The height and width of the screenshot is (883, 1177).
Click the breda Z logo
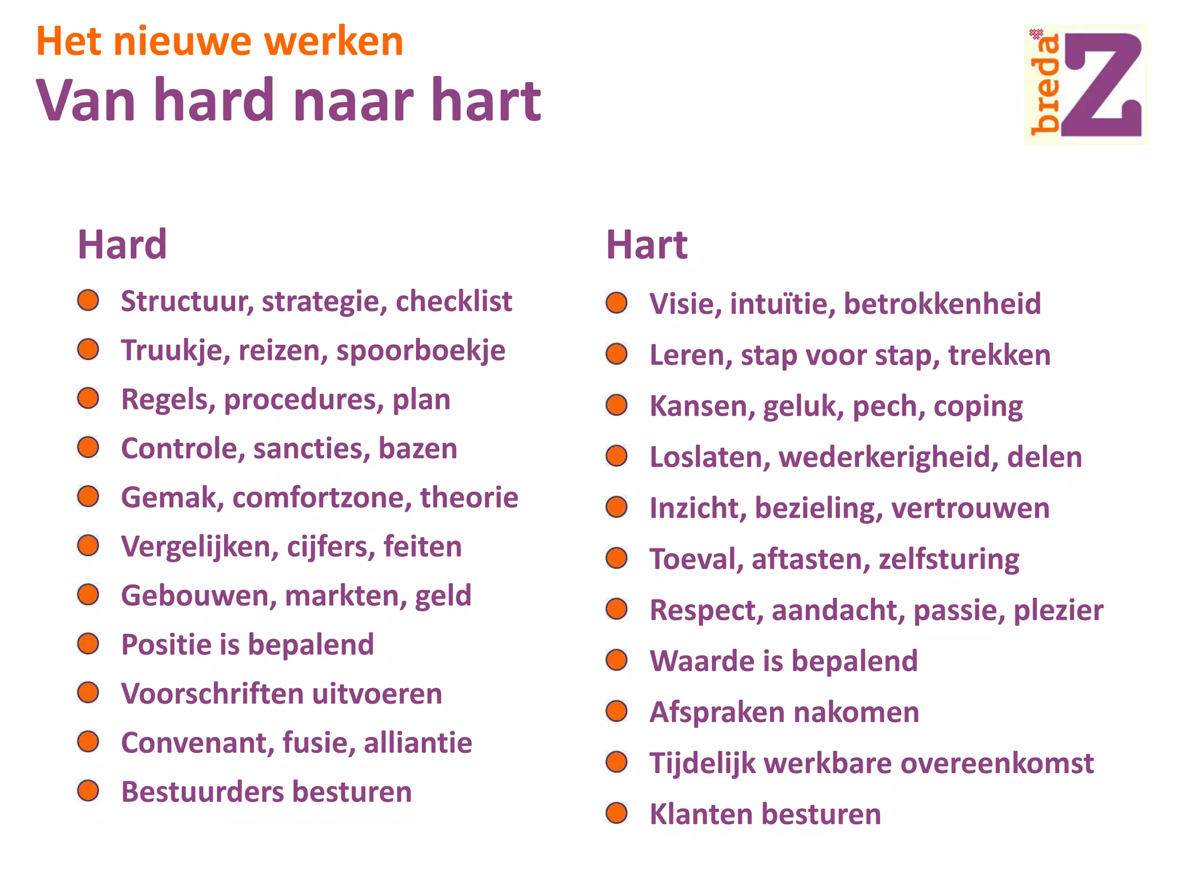[1086, 84]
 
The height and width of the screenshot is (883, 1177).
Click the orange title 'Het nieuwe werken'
[220, 42]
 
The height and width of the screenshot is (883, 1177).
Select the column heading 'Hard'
[122, 245]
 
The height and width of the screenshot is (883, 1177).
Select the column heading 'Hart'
[647, 245]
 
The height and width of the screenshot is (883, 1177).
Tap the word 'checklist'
[453, 301]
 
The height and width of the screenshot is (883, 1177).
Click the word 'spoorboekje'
[421, 351]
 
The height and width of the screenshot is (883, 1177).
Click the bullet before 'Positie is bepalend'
[89, 644]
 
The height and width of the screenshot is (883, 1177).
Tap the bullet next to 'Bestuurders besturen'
[89, 791]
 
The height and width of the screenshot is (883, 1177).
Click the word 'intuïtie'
[782, 304]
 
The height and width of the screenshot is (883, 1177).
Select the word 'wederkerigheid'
[888, 457]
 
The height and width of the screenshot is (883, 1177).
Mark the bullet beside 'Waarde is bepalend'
[617, 661]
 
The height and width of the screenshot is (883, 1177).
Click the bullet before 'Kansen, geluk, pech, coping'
[617, 405]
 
